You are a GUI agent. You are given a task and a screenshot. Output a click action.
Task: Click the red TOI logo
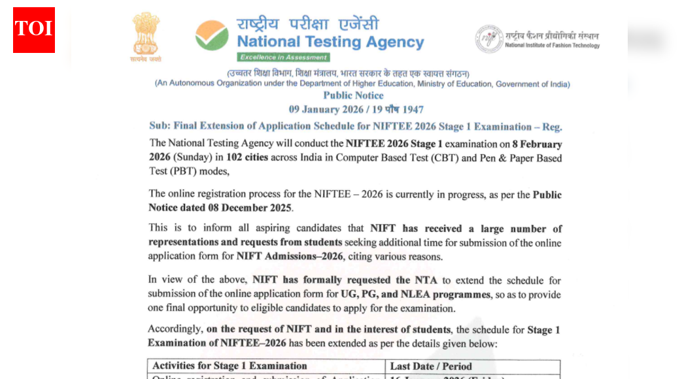(x=34, y=29)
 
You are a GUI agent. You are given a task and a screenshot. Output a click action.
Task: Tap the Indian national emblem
(x=146, y=35)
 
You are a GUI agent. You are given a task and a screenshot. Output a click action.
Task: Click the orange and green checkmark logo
(x=212, y=35)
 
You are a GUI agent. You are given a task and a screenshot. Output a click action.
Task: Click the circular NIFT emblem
(x=488, y=39)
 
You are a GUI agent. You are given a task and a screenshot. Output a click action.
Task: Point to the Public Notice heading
(x=353, y=95)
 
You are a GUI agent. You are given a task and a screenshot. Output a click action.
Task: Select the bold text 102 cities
(x=247, y=157)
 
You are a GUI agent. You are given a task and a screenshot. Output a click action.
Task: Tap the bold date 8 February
(x=536, y=144)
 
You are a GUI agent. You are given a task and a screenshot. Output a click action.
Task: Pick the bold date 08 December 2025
(x=254, y=208)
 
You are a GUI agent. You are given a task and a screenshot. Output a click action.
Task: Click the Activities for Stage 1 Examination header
(x=230, y=366)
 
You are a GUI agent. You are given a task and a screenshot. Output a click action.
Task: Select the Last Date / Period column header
(x=431, y=366)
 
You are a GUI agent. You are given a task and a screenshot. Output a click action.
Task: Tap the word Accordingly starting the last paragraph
(x=175, y=329)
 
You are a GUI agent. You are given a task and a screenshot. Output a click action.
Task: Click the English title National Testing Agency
(x=330, y=42)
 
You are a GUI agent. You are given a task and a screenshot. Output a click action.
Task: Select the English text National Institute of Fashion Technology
(x=552, y=45)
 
